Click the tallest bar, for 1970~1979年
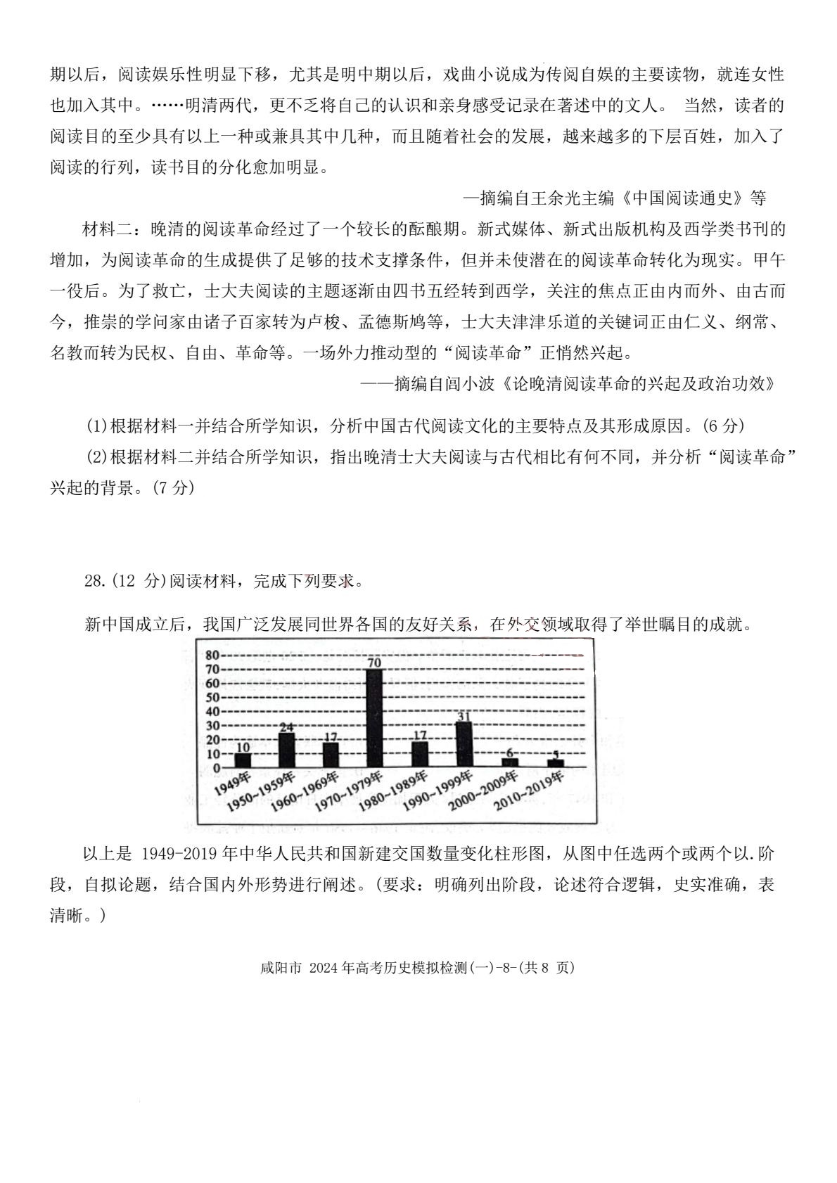coord(374,717)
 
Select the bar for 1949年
coord(243,760)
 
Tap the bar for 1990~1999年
coord(463,744)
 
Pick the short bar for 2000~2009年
coord(510,762)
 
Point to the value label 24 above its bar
coord(286,727)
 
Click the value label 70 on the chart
coord(374,662)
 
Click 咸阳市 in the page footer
coord(280,968)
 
